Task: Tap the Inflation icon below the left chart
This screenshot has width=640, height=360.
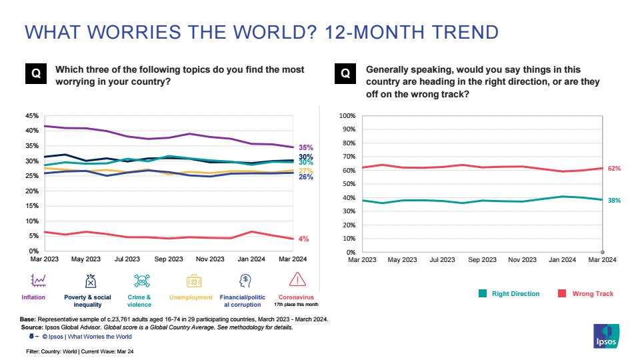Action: (x=39, y=280)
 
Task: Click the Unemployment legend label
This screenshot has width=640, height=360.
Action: (x=191, y=297)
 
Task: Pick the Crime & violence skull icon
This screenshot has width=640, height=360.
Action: (x=139, y=280)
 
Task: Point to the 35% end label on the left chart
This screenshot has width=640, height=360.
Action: (x=305, y=148)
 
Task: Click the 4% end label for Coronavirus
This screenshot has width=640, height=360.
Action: (x=303, y=239)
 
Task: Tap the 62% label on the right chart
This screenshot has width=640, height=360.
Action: (x=614, y=169)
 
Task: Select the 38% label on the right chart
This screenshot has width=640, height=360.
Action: (x=614, y=200)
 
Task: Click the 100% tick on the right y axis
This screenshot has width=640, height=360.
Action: (x=347, y=116)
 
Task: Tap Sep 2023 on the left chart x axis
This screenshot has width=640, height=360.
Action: (x=169, y=259)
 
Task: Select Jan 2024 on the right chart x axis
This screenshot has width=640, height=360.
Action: (x=563, y=260)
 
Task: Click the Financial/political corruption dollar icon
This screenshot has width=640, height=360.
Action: (x=245, y=280)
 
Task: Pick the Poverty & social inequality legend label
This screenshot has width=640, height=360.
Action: (x=87, y=301)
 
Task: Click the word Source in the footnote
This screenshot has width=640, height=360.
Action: (x=33, y=327)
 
